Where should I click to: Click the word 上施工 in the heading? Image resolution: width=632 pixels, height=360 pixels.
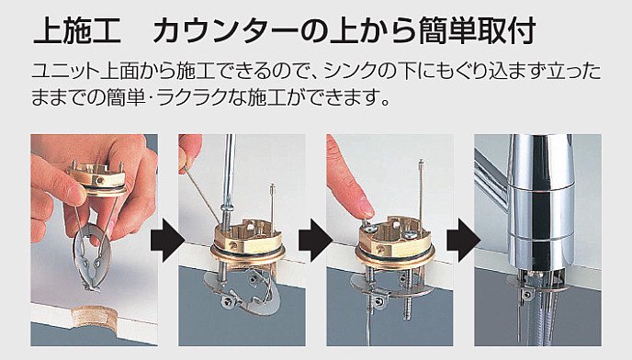point(76,30)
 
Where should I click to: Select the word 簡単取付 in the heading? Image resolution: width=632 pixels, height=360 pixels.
point(477,30)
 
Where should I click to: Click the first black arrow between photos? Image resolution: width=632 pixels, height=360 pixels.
point(167,241)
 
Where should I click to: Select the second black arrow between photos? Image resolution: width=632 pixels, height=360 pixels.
point(315,241)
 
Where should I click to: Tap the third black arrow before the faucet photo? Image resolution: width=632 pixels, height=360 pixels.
point(463,241)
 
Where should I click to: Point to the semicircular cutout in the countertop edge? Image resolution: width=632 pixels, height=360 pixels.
point(93,317)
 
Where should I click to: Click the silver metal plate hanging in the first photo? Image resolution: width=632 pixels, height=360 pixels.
point(91,259)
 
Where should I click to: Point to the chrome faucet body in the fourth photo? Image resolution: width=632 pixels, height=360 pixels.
point(540,201)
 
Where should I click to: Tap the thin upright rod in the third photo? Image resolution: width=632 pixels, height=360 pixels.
point(421,189)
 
